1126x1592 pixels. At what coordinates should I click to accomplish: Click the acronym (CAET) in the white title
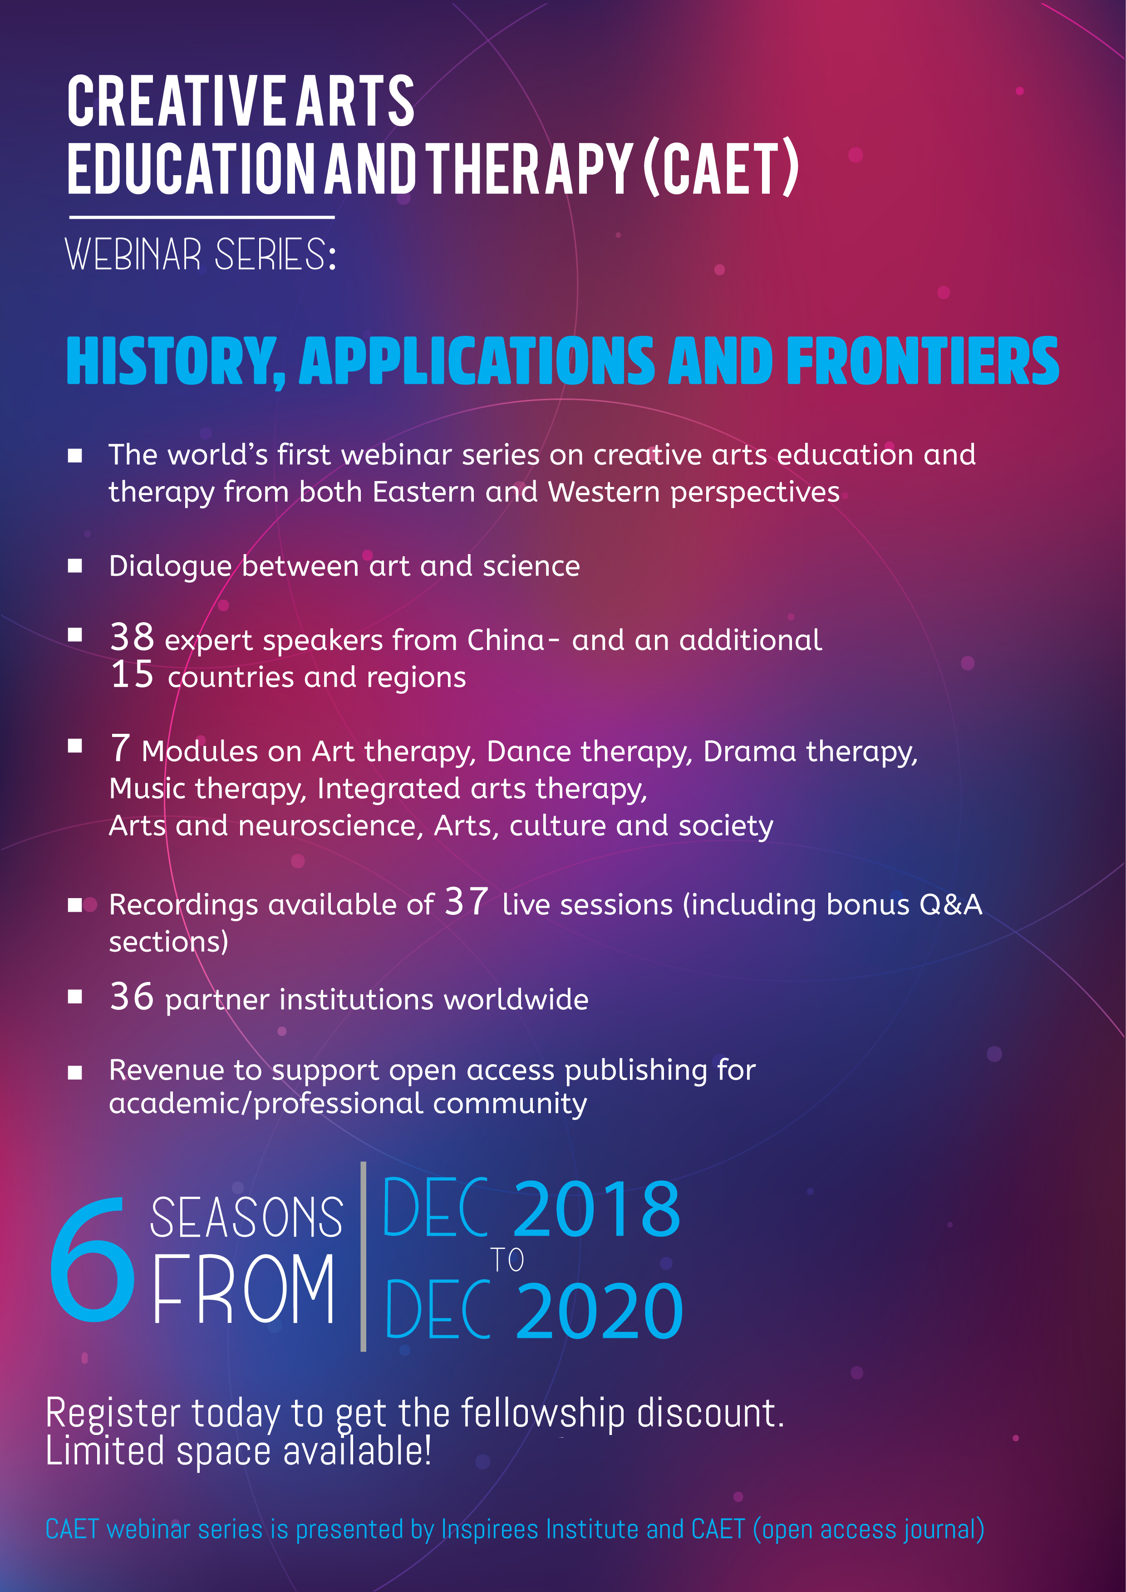(721, 168)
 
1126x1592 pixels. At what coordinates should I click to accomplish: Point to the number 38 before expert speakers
(132, 637)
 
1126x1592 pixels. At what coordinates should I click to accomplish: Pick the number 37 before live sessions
(467, 901)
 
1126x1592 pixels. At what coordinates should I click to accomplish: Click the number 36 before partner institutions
(132, 997)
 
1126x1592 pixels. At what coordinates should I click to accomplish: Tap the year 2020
(600, 1311)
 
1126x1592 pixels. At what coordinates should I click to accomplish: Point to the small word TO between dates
(507, 1260)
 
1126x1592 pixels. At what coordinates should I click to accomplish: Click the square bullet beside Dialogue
(75, 566)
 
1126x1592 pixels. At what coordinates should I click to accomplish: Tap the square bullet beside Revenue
(75, 1073)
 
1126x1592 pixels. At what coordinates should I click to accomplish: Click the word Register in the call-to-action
(113, 1415)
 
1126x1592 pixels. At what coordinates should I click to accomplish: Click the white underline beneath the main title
(202, 217)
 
